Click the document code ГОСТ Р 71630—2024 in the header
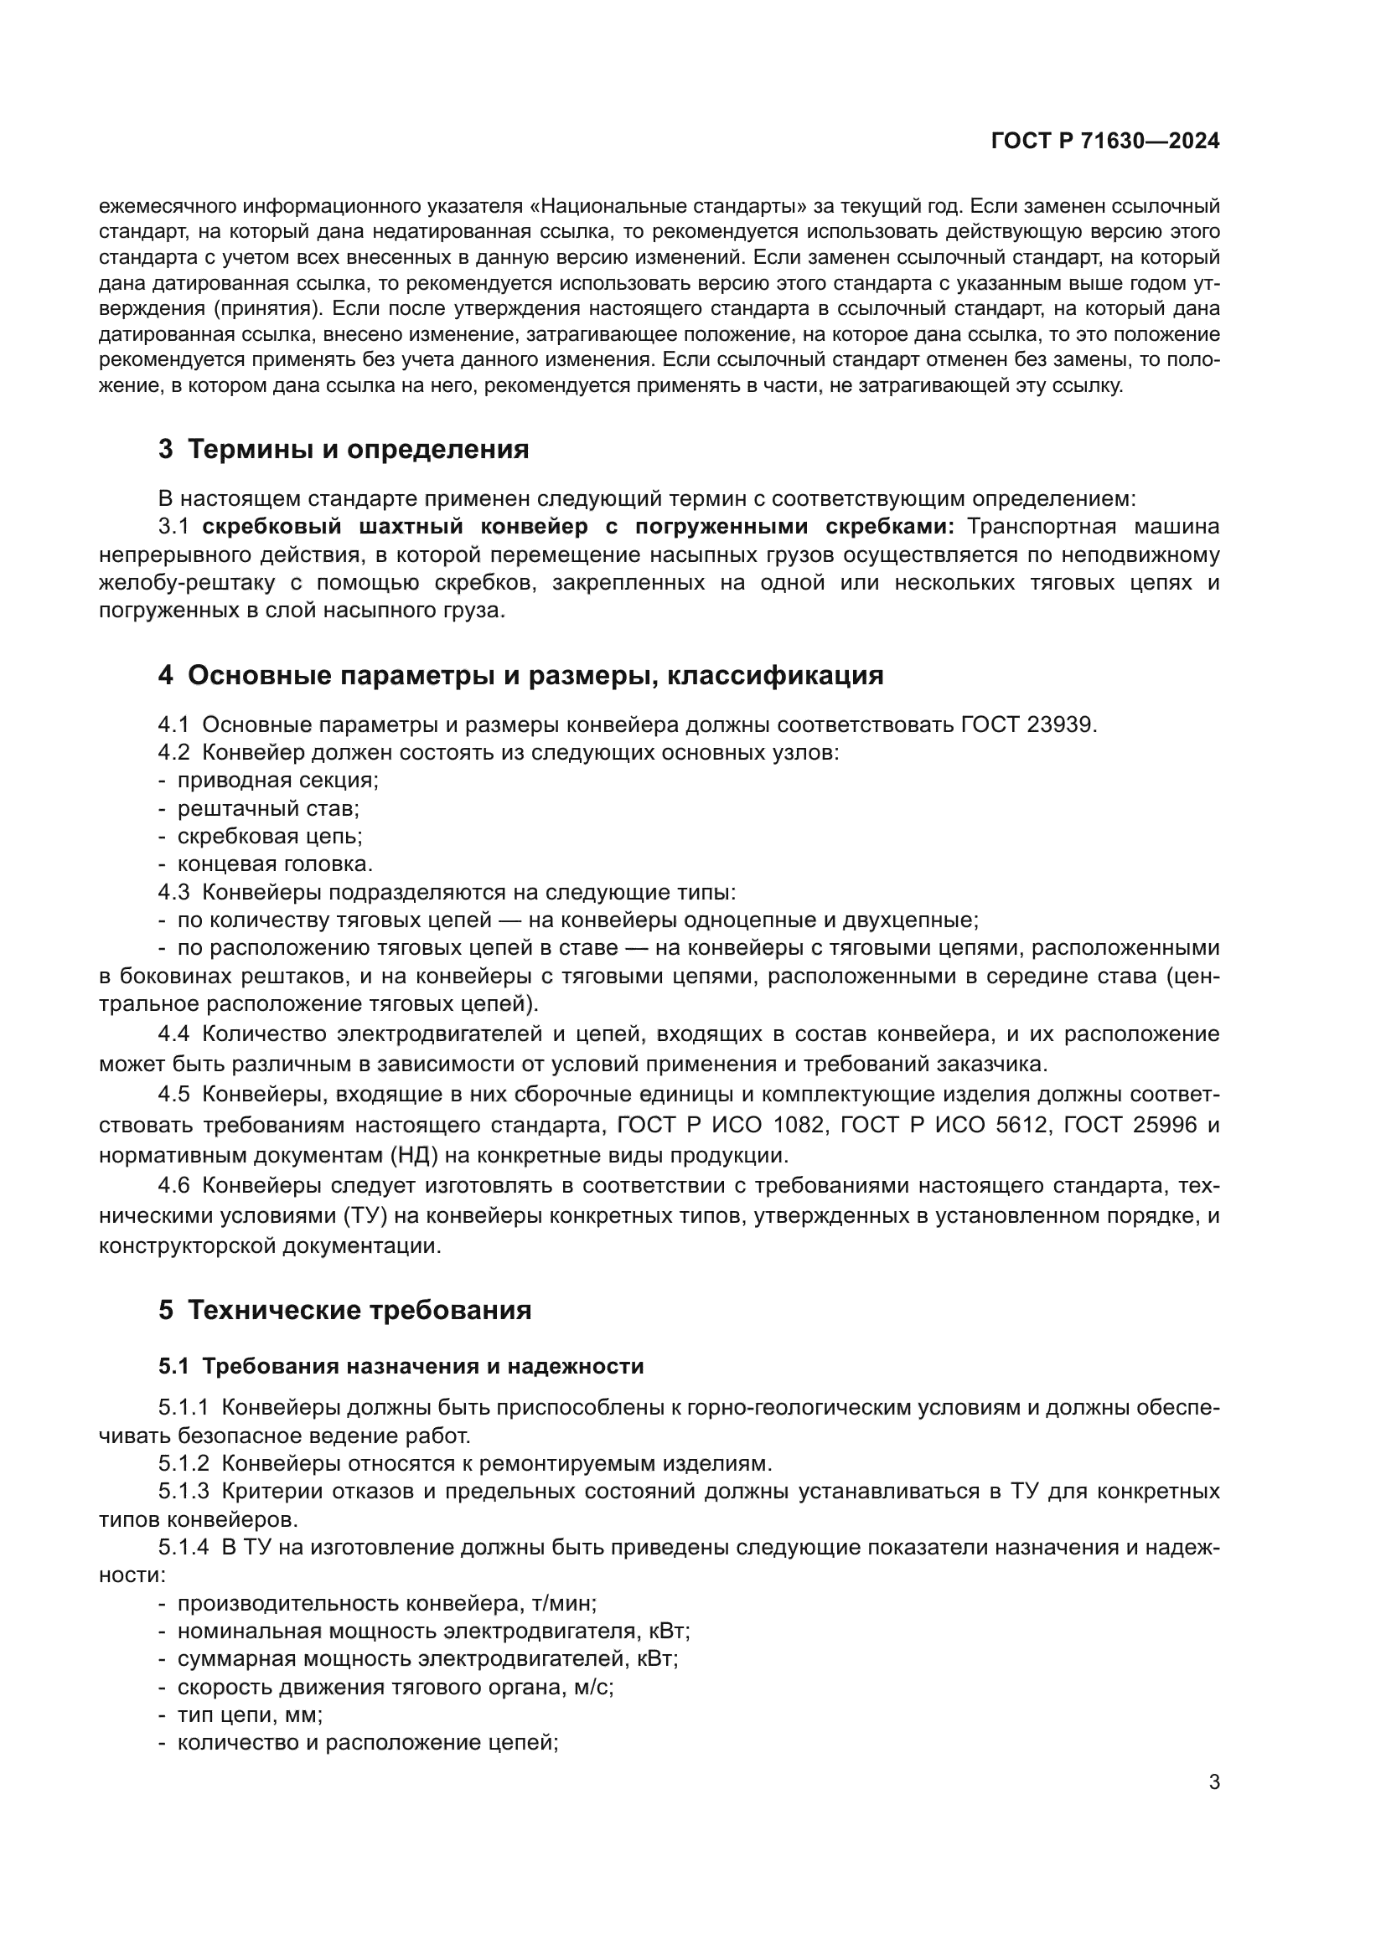[x=1105, y=142]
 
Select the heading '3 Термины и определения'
[x=343, y=450]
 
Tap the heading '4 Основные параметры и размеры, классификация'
[x=520, y=676]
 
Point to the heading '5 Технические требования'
[x=344, y=1311]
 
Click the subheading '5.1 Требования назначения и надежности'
[x=401, y=1366]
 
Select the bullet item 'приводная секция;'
[x=277, y=781]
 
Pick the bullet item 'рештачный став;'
[x=268, y=808]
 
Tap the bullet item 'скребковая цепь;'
[x=270, y=836]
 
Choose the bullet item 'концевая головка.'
[x=275, y=864]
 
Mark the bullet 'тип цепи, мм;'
[x=249, y=1715]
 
